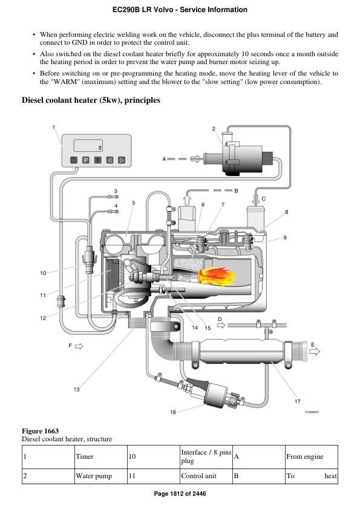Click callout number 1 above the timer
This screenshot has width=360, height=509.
tap(53, 127)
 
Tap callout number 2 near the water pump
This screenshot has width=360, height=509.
tap(214, 129)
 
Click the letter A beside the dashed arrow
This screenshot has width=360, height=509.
tap(164, 159)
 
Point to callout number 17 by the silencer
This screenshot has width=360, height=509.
tap(297, 401)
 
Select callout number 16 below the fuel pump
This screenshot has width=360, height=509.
tap(173, 412)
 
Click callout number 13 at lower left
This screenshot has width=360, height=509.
tap(76, 390)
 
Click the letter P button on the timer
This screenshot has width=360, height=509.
tap(85, 160)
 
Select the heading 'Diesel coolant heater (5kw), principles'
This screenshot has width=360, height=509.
tap(91, 100)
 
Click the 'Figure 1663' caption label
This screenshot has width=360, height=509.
tap(40, 430)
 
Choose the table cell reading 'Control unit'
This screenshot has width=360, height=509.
tap(199, 476)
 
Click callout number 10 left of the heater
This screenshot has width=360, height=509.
tap(43, 273)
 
